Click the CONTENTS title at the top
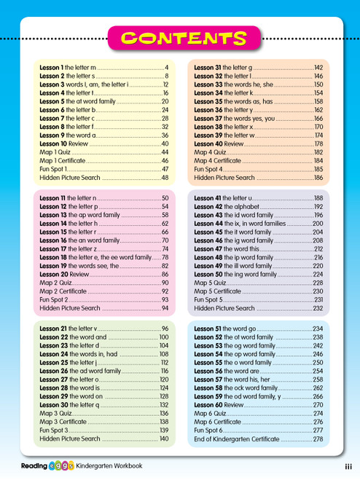[179, 39]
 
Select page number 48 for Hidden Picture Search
[165, 177]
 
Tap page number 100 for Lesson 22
[163, 338]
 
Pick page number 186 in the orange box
[318, 177]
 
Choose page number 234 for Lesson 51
[318, 329]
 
